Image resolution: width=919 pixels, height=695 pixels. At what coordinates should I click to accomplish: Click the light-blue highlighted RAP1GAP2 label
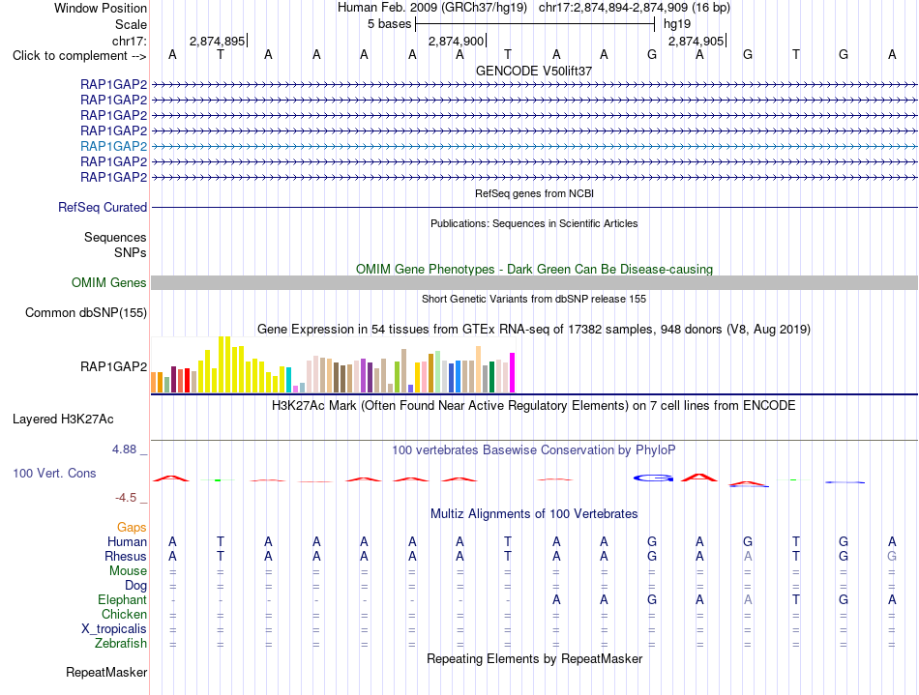(114, 146)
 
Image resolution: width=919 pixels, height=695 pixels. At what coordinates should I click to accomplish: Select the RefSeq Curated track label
(103, 207)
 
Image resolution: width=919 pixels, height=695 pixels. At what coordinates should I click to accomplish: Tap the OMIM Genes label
(109, 283)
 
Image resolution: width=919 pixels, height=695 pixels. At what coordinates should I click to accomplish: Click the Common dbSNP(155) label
(86, 312)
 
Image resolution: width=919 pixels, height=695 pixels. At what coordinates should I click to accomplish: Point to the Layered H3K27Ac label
(63, 420)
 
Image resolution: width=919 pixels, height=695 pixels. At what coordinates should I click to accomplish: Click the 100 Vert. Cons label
(54, 473)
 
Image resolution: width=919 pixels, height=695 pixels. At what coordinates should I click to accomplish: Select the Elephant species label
(123, 600)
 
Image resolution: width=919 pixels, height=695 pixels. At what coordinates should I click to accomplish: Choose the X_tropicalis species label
(114, 629)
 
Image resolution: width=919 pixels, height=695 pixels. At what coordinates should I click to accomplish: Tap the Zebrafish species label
(121, 644)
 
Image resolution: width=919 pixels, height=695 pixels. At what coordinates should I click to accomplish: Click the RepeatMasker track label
(106, 672)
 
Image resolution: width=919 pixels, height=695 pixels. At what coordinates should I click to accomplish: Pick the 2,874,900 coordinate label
(457, 41)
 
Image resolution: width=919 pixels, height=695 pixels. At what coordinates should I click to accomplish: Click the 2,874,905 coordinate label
(697, 41)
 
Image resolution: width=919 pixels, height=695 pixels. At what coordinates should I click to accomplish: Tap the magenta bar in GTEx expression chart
(513, 372)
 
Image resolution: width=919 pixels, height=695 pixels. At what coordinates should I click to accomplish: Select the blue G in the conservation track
(653, 478)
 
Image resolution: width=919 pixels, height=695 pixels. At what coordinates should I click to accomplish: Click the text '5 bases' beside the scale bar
(390, 24)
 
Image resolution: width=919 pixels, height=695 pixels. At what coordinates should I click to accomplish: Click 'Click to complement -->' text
(79, 56)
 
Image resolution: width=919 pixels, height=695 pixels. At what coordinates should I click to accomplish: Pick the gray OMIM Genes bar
(535, 283)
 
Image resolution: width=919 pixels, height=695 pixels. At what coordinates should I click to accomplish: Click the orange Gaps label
(132, 528)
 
